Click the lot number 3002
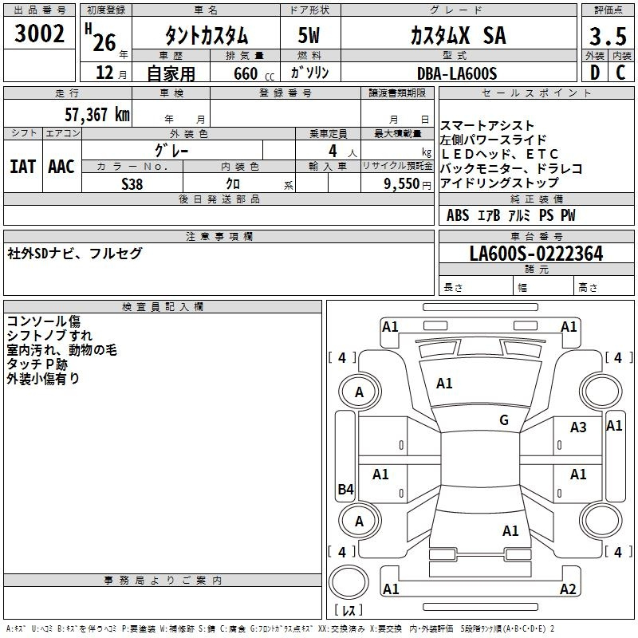coord(39,33)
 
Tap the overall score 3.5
coord(608,37)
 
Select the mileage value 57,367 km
coord(97,115)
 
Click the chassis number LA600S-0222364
coord(536,254)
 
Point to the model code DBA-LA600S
coord(457,73)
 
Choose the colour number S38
coord(132,184)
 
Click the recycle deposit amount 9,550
coord(402,184)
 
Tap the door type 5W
coord(309,35)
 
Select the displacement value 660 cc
coord(254,74)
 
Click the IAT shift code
coord(22,167)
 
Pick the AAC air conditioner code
coord(61,167)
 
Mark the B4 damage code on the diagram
coord(346,489)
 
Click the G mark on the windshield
coord(504,420)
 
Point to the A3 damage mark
coord(577,427)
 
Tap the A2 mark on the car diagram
coord(568,589)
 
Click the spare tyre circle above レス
coord(349,582)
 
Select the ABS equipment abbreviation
coord(458,215)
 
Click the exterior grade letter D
coord(595,73)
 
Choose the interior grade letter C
coord(620,73)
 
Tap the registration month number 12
coord(104,73)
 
